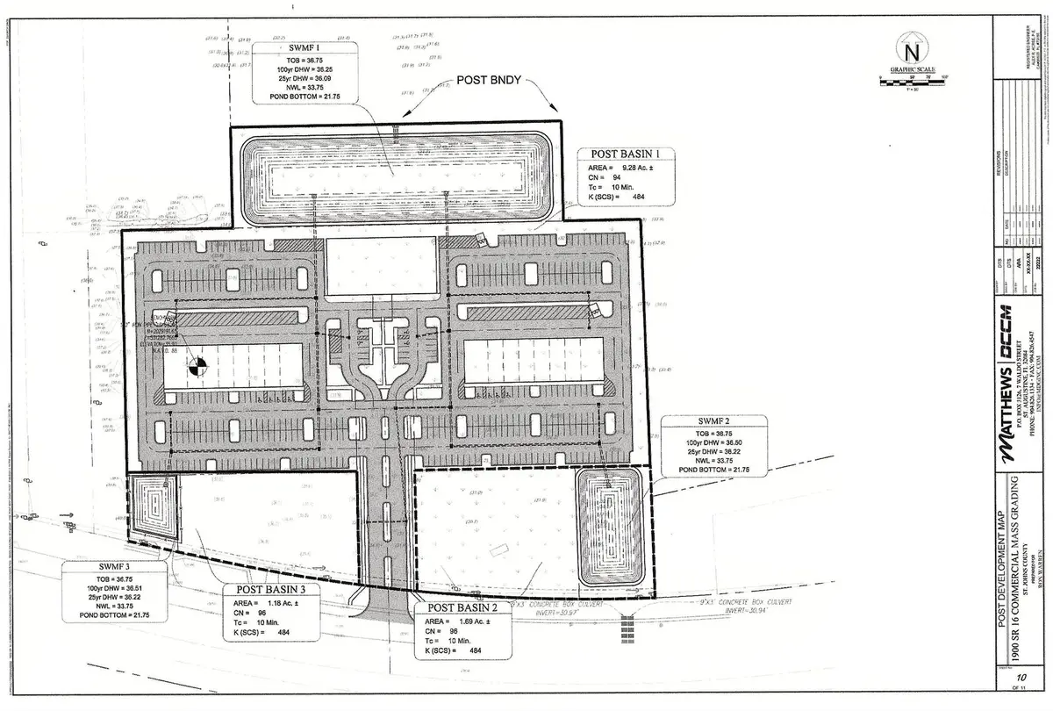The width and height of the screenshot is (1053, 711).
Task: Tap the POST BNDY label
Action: point(489,80)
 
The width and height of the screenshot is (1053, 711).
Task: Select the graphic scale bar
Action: point(911,85)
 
